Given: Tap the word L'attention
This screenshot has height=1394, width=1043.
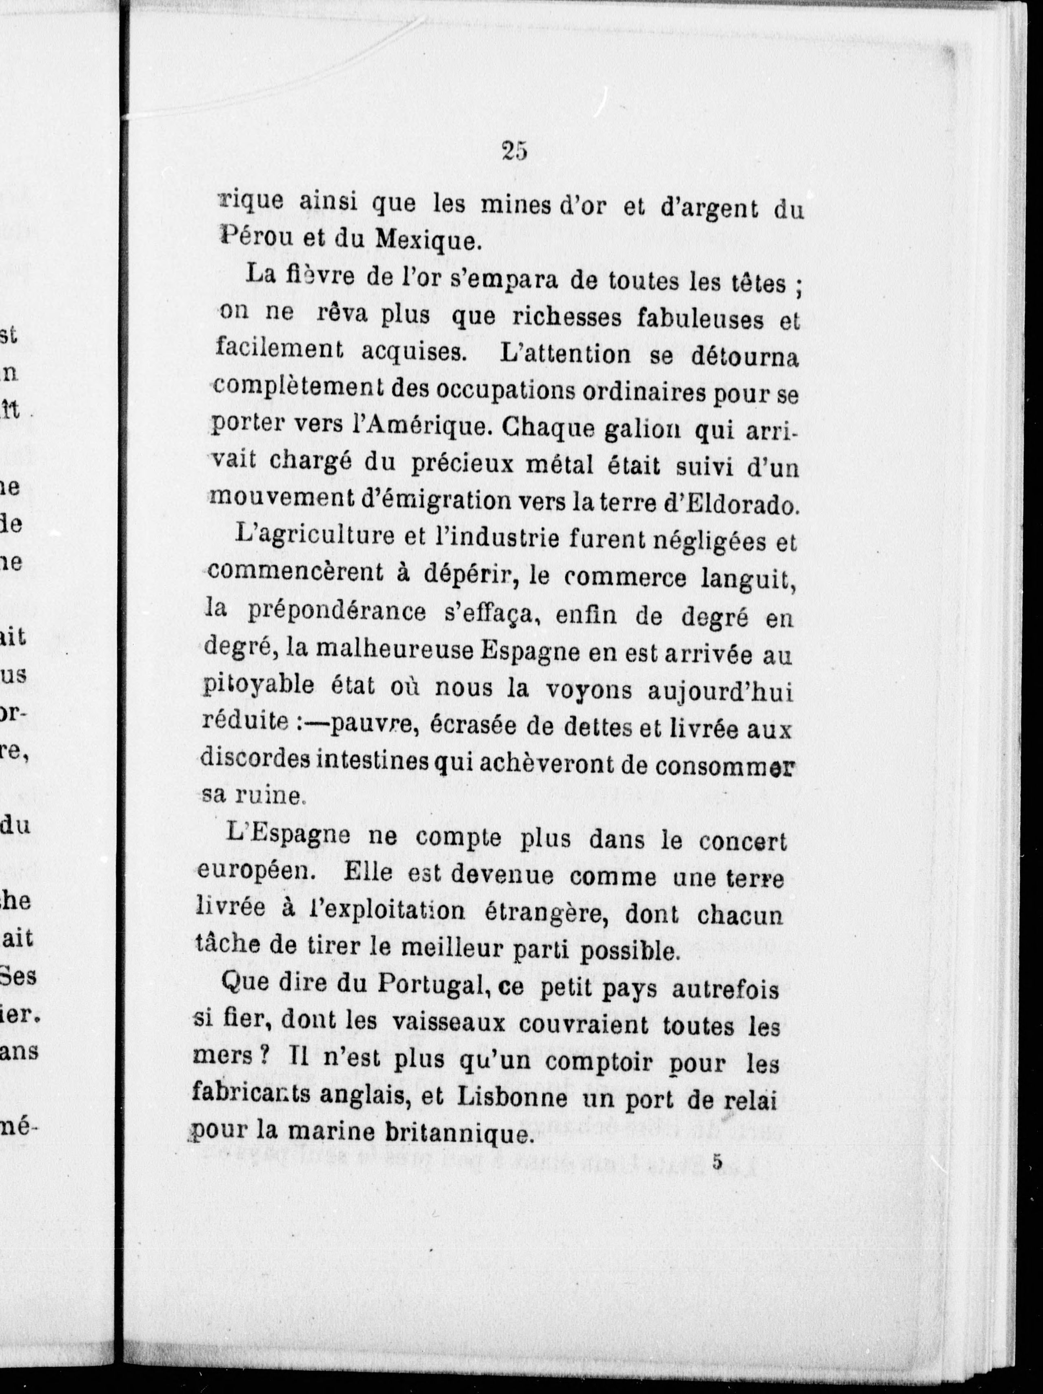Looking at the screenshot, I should click(565, 354).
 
